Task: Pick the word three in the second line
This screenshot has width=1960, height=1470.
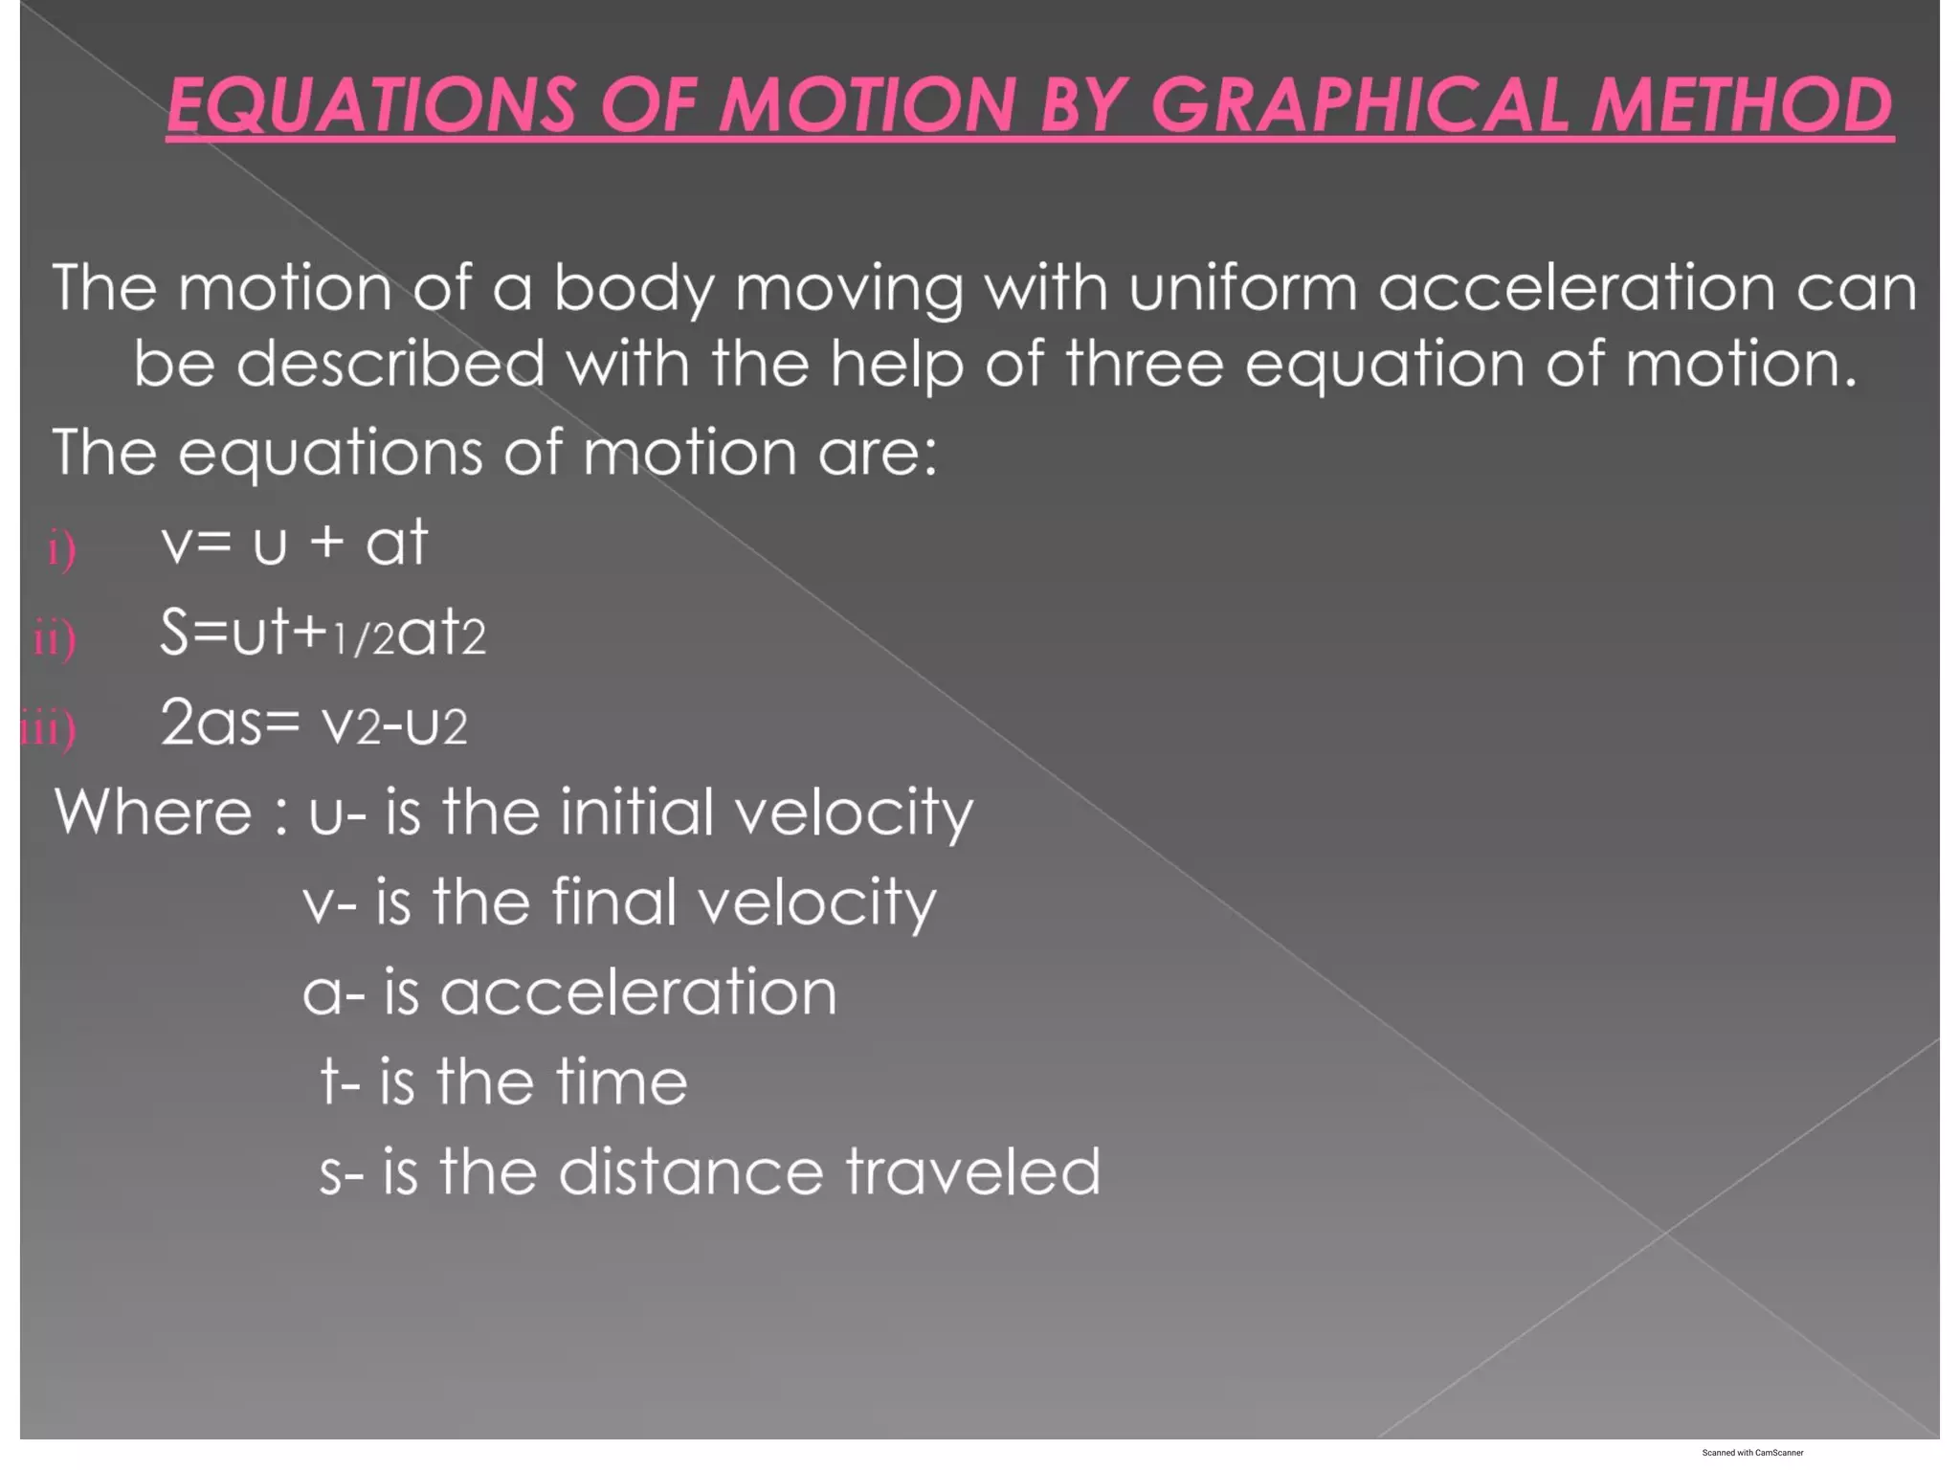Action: (x=1144, y=364)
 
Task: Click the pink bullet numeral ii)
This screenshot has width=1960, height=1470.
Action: (x=55, y=638)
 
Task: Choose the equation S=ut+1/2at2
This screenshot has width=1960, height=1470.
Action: (x=323, y=634)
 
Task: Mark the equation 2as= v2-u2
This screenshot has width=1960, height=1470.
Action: (x=314, y=724)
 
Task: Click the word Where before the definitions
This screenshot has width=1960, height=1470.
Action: (x=153, y=813)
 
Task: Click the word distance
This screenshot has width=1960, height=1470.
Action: (x=690, y=1172)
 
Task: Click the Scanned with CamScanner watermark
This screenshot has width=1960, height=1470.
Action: (x=1752, y=1453)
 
